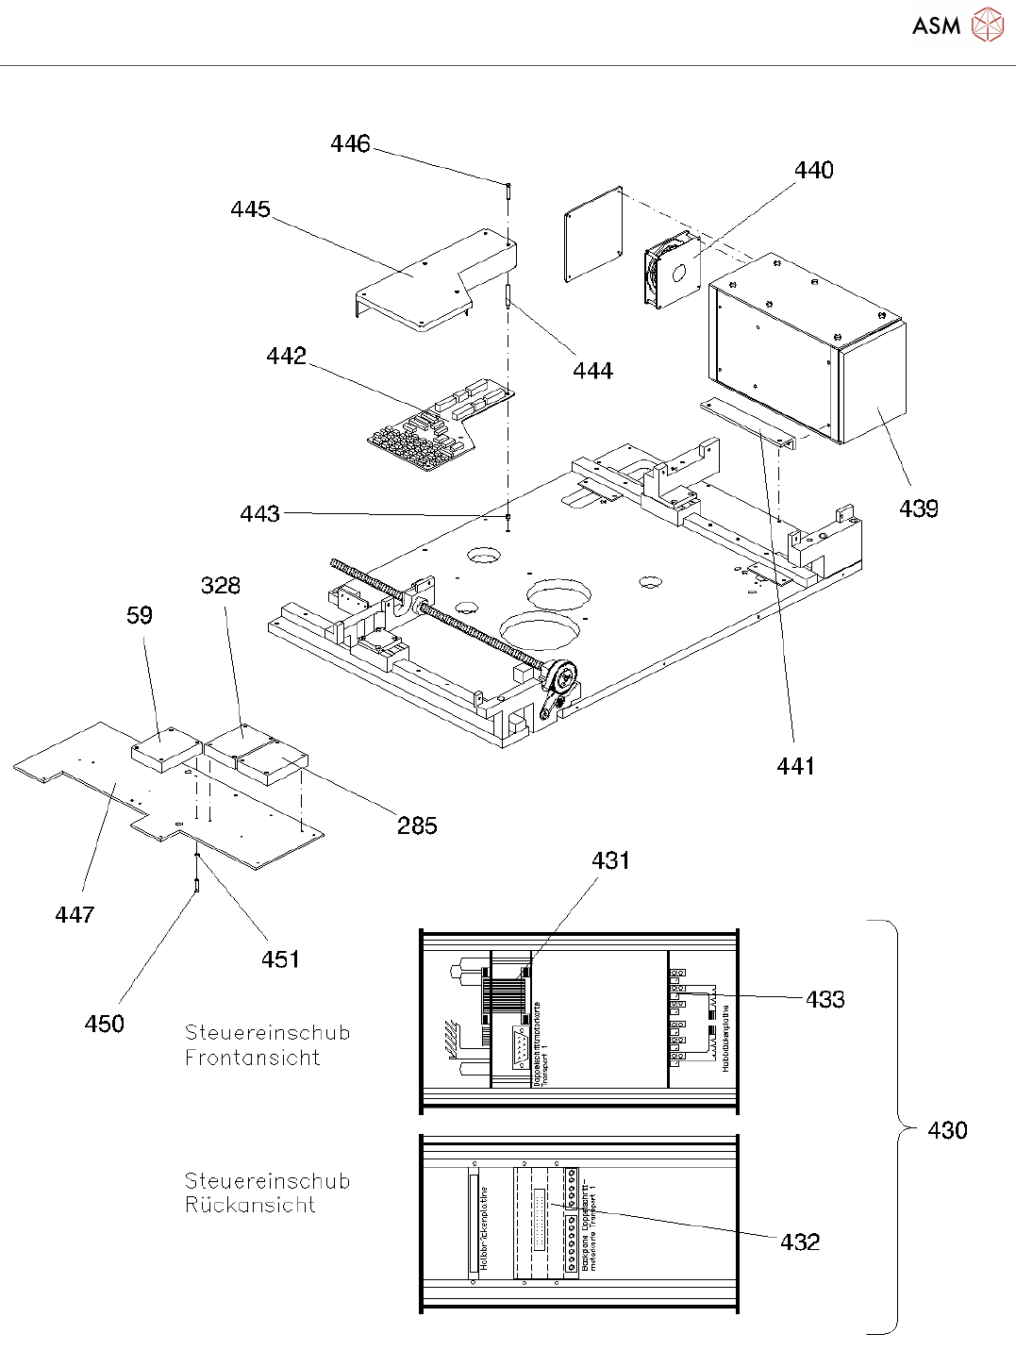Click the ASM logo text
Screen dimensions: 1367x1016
936,25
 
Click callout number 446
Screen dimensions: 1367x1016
350,143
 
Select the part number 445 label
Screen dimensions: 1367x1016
250,208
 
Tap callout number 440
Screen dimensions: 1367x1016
813,170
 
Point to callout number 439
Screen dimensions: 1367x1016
918,508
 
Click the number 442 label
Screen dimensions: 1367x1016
286,356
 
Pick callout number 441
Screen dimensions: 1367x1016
795,766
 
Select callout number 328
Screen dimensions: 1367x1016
221,585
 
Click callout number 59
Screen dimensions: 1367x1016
140,615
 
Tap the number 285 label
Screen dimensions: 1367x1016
417,825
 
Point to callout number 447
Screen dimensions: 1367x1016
75,914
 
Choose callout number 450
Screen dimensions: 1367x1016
104,1024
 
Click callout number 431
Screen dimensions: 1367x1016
610,860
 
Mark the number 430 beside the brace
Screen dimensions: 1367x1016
947,1130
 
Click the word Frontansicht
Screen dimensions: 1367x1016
252,1058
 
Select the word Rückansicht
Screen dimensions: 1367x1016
250,1205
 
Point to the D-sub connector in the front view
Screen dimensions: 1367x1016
521,1048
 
